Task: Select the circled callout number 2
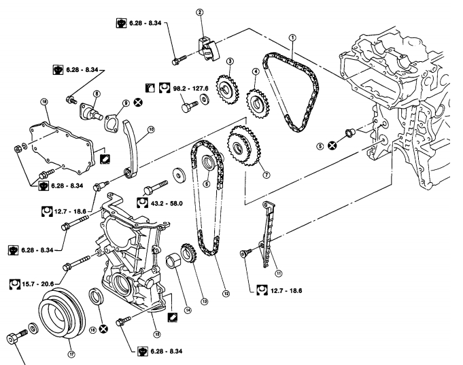pyautogui.click(x=200, y=12)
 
